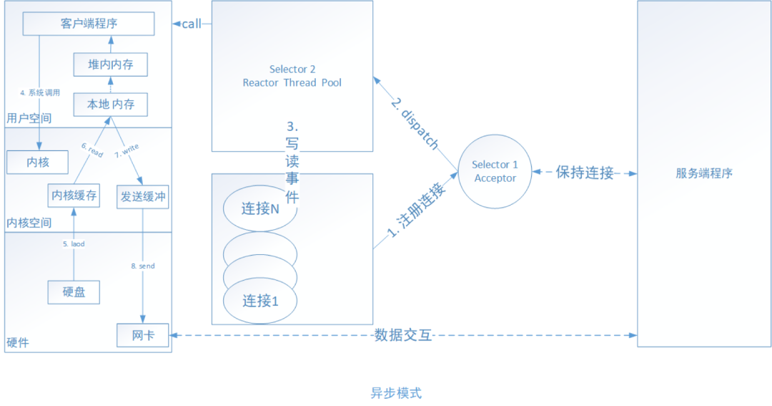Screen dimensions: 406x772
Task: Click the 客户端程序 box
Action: pyautogui.click(x=89, y=24)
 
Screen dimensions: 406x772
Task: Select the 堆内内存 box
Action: pyautogui.click(x=110, y=64)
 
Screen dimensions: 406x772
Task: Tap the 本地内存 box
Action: pyautogui.click(x=110, y=105)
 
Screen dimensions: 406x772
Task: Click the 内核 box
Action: pyautogui.click(x=37, y=163)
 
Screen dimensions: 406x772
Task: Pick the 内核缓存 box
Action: pyautogui.click(x=73, y=195)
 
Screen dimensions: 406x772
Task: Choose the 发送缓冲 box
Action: pyautogui.click(x=142, y=195)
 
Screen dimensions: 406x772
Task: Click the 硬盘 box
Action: pyautogui.click(x=73, y=292)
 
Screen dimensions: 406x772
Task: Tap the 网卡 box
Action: pyautogui.click(x=144, y=335)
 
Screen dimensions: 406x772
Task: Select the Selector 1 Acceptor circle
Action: pyautogui.click(x=495, y=171)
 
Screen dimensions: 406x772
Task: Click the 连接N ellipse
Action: pyautogui.click(x=259, y=209)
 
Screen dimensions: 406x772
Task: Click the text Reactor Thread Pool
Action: pyautogui.click(x=292, y=82)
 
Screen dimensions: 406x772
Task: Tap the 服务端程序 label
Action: pyautogui.click(x=703, y=173)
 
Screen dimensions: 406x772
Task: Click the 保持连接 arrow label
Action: pyautogui.click(x=585, y=173)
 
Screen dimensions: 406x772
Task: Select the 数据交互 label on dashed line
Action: pyautogui.click(x=403, y=335)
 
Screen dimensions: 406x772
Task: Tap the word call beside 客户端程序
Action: pyautogui.click(x=192, y=24)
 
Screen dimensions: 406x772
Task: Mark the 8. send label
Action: pyautogui.click(x=143, y=266)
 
